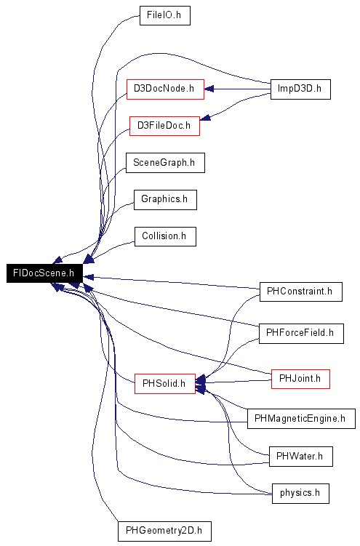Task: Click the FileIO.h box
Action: coord(165,15)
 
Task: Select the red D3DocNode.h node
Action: coord(165,89)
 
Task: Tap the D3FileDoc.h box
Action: coord(164,126)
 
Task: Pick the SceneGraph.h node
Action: coord(165,163)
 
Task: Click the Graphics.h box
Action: coord(165,199)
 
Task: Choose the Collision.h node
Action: coord(165,236)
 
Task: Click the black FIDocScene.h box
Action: coord(44,273)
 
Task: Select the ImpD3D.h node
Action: coord(300,89)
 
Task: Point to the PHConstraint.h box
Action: coord(301,292)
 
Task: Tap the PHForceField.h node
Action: coord(301,333)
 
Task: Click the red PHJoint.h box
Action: coord(300,379)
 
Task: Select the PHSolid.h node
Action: coord(165,384)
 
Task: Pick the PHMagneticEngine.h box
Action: coord(301,419)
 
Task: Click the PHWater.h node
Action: coord(301,457)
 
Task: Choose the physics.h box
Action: coord(300,494)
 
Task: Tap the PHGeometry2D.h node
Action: coord(164,531)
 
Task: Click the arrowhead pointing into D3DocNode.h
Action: coord(209,89)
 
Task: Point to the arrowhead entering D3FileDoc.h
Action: coord(205,118)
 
